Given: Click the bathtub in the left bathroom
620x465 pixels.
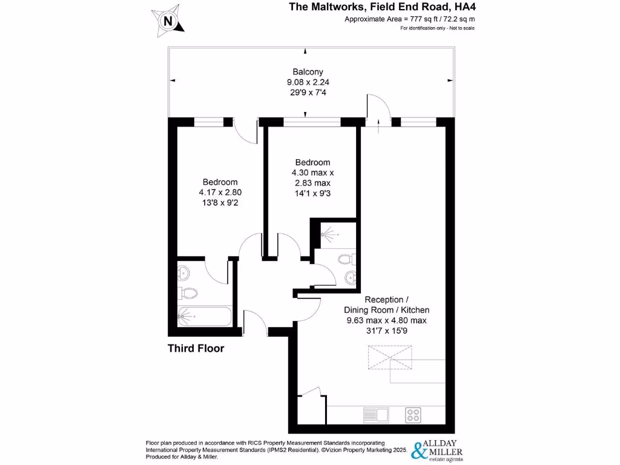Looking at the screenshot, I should (203, 315).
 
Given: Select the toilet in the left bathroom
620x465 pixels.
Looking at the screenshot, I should (189, 294).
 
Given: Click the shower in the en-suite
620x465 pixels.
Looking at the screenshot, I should (331, 233).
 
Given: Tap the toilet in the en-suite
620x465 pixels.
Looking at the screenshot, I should (345, 259).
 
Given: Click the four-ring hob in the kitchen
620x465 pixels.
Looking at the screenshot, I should (414, 415).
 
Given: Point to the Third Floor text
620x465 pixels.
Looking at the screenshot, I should (196, 348).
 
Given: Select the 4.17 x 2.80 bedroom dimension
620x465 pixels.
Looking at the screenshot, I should (220, 193).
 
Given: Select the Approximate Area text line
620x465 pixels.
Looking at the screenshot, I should (409, 19).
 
